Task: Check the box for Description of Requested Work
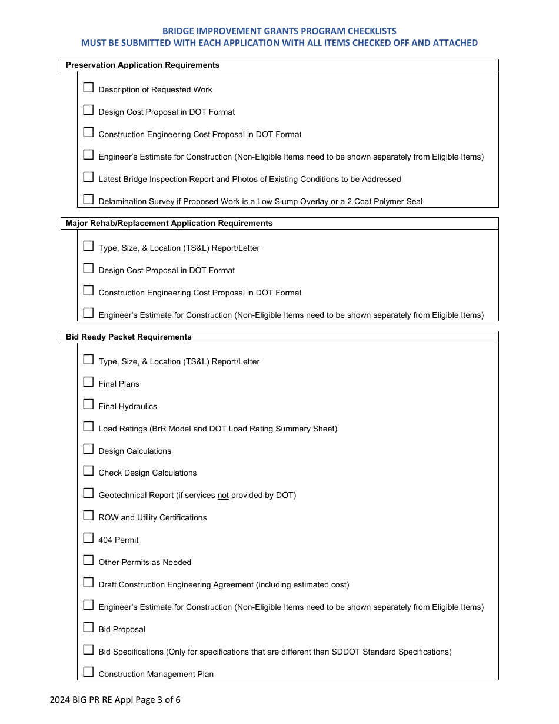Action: click(88, 88)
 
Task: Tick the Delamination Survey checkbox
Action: click(88, 200)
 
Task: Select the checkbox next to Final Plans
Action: click(88, 382)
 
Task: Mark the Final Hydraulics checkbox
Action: click(88, 404)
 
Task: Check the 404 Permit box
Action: click(88, 538)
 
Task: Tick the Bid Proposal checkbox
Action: click(88, 627)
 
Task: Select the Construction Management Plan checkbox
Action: click(88, 672)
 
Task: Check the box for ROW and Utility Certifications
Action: click(88, 516)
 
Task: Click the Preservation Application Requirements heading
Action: click(142, 65)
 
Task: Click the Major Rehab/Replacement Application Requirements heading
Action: click(169, 224)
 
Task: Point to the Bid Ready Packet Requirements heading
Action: click(128, 337)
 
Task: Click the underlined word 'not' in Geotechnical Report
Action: click(223, 496)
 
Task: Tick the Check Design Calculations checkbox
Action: click(88, 471)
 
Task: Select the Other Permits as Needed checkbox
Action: click(88, 560)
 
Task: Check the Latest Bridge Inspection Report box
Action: click(88, 177)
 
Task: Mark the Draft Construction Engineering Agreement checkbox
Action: click(88, 583)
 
